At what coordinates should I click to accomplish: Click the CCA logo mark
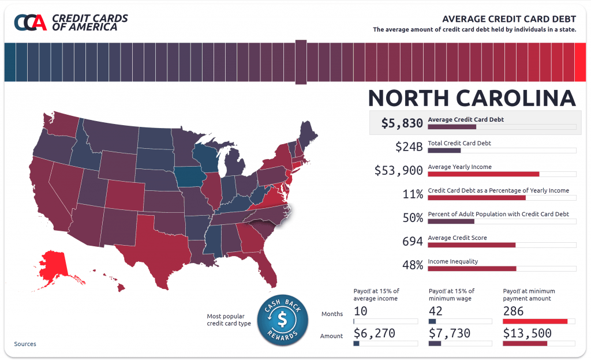point(30,22)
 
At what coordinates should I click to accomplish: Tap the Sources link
point(25,344)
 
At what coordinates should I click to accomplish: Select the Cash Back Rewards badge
point(283,320)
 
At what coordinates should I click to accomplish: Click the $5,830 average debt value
point(402,123)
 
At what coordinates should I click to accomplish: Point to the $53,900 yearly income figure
point(398,171)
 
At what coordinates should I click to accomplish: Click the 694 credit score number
point(412,241)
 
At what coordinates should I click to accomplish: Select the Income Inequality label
point(452,261)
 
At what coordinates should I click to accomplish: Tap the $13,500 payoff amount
point(527,333)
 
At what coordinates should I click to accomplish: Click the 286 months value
point(513,311)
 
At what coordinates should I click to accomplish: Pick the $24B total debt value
point(409,146)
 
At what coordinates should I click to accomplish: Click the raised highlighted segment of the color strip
point(301,62)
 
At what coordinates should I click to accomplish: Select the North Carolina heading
point(472,98)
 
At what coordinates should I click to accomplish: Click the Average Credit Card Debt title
point(509,19)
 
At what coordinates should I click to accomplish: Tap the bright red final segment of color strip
point(580,62)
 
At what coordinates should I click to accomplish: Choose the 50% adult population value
point(413,217)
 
